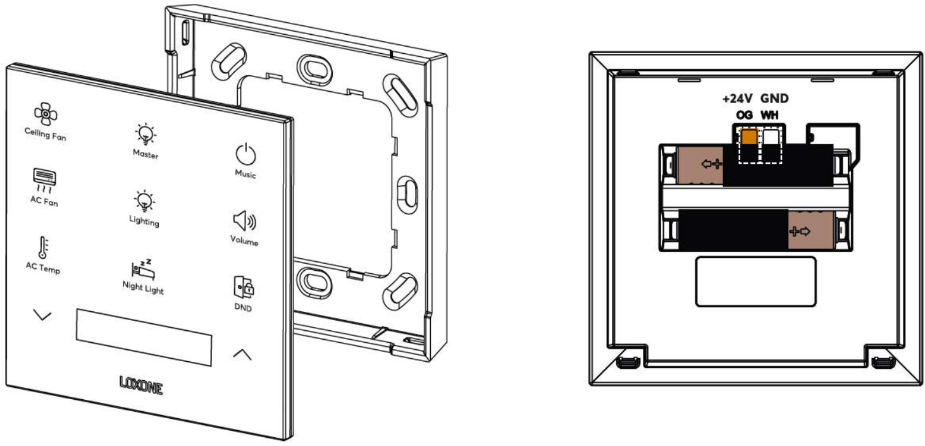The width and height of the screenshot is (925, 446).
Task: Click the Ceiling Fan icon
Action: pyautogui.click(x=46, y=114)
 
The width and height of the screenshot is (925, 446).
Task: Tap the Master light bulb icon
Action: pyautogui.click(x=146, y=133)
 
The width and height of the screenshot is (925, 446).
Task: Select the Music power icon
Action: pyautogui.click(x=246, y=154)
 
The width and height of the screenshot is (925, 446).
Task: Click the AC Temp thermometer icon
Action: pyautogui.click(x=44, y=247)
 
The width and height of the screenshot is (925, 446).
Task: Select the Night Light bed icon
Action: pyautogui.click(x=142, y=269)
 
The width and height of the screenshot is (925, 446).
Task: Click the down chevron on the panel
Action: pyautogui.click(x=42, y=316)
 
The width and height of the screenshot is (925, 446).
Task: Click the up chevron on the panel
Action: pyautogui.click(x=242, y=354)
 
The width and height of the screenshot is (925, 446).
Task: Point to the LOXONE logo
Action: pyautogui.click(x=141, y=385)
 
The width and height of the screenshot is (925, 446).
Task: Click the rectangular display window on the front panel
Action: pyautogui.click(x=144, y=336)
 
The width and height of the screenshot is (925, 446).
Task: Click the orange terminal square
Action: pyautogui.click(x=749, y=137)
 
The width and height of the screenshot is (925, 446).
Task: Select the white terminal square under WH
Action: pyautogui.click(x=770, y=137)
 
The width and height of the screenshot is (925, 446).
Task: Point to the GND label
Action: pyautogui.click(x=774, y=99)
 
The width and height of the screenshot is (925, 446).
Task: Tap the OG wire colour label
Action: pyautogui.click(x=744, y=115)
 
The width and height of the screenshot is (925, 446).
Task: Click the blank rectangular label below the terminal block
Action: pyautogui.click(x=755, y=282)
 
